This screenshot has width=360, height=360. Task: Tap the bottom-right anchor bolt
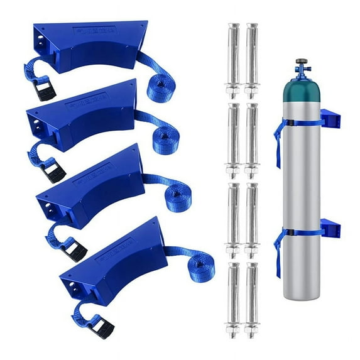click(x=252, y=298)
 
